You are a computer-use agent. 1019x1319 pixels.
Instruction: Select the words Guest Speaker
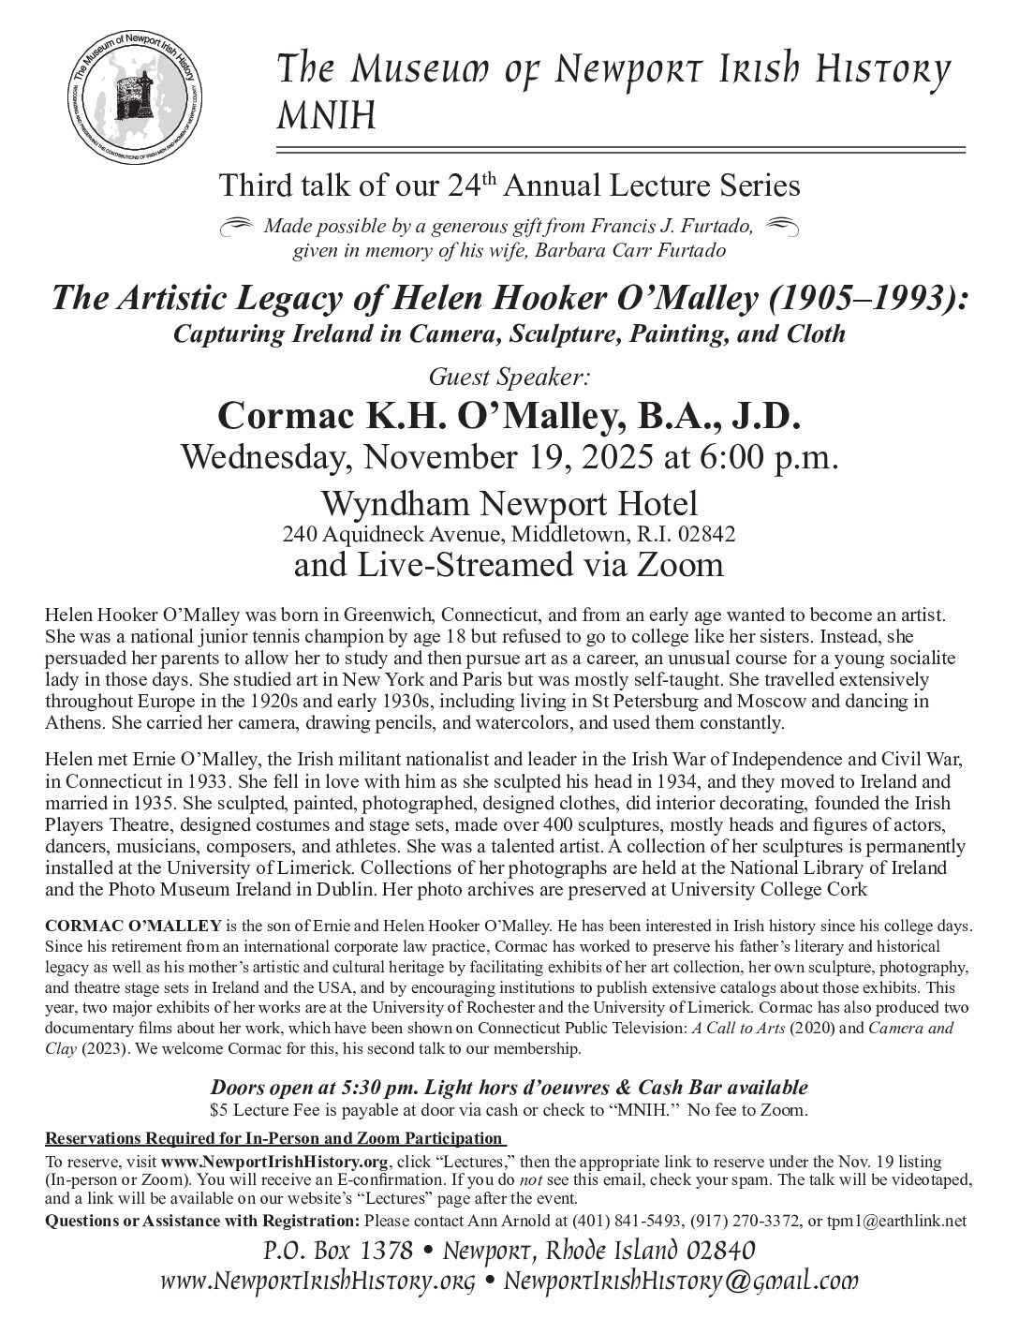coord(509,376)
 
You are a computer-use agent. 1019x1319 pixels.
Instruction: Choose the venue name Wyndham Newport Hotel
coord(509,503)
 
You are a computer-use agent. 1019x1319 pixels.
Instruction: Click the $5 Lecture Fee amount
coord(272,1109)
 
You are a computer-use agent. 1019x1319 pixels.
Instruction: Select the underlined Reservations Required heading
coord(273,1138)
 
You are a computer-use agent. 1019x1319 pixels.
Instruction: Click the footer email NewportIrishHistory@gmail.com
coord(681,1281)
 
